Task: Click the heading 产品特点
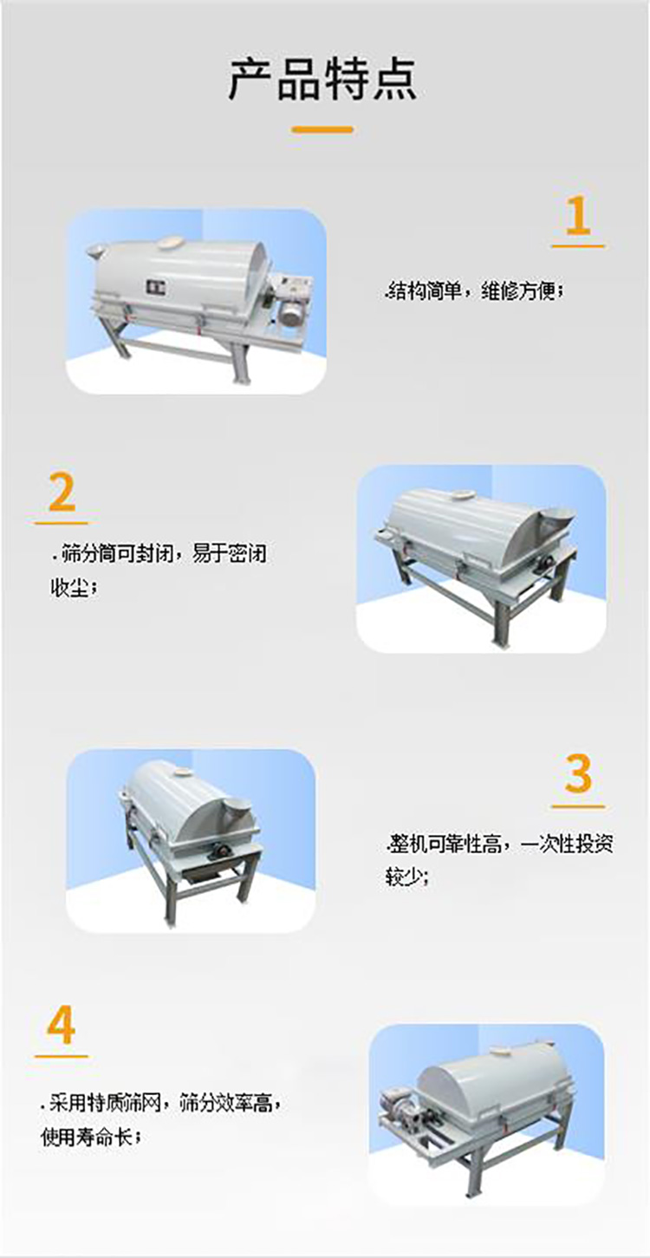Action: pos(322,79)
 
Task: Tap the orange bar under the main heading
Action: pos(322,130)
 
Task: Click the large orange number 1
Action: pos(577,216)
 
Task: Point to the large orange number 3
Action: pos(577,774)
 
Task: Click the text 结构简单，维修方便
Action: pos(476,293)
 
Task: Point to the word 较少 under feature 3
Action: pos(406,877)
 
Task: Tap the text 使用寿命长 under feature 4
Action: pos(88,1136)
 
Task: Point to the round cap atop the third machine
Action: pos(183,772)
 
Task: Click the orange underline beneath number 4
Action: pos(62,1056)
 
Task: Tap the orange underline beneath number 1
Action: pos(577,246)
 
